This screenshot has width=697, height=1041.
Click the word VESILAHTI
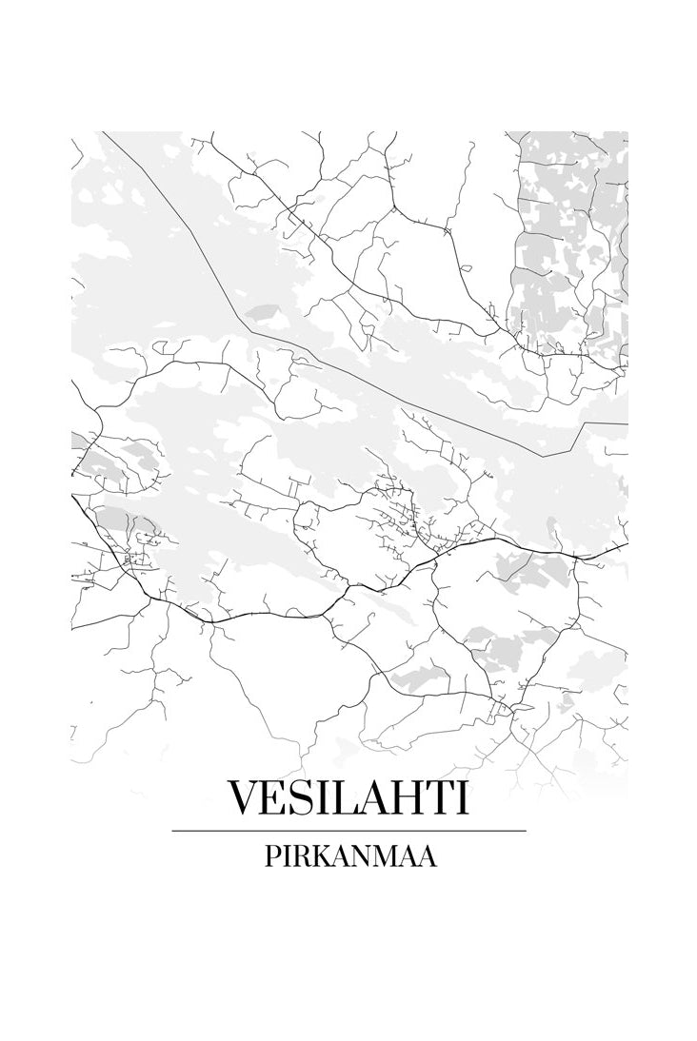348,797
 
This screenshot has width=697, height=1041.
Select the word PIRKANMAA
348,856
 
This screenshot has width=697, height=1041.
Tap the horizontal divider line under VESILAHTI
348,831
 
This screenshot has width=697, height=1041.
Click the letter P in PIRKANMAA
268,856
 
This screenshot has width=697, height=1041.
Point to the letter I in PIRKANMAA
282,856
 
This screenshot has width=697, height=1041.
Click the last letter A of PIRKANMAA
428,856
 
